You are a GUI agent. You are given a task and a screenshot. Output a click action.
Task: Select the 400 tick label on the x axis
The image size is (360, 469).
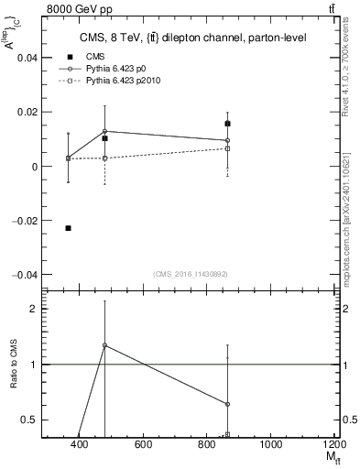coord(79,444)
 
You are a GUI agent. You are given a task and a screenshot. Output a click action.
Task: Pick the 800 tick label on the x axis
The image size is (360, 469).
coord(207,444)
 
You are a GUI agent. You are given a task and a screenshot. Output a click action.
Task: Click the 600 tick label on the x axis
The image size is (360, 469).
coord(143,444)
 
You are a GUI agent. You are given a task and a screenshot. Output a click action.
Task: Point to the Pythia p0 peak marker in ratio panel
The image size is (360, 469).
coord(104,345)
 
